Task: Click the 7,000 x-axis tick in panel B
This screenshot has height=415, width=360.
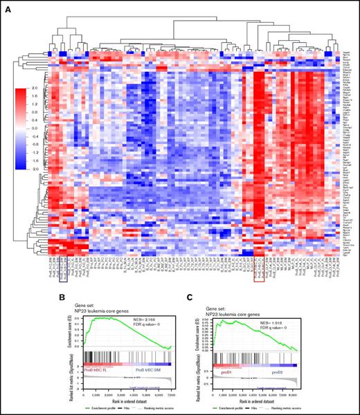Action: pos(172,393)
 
